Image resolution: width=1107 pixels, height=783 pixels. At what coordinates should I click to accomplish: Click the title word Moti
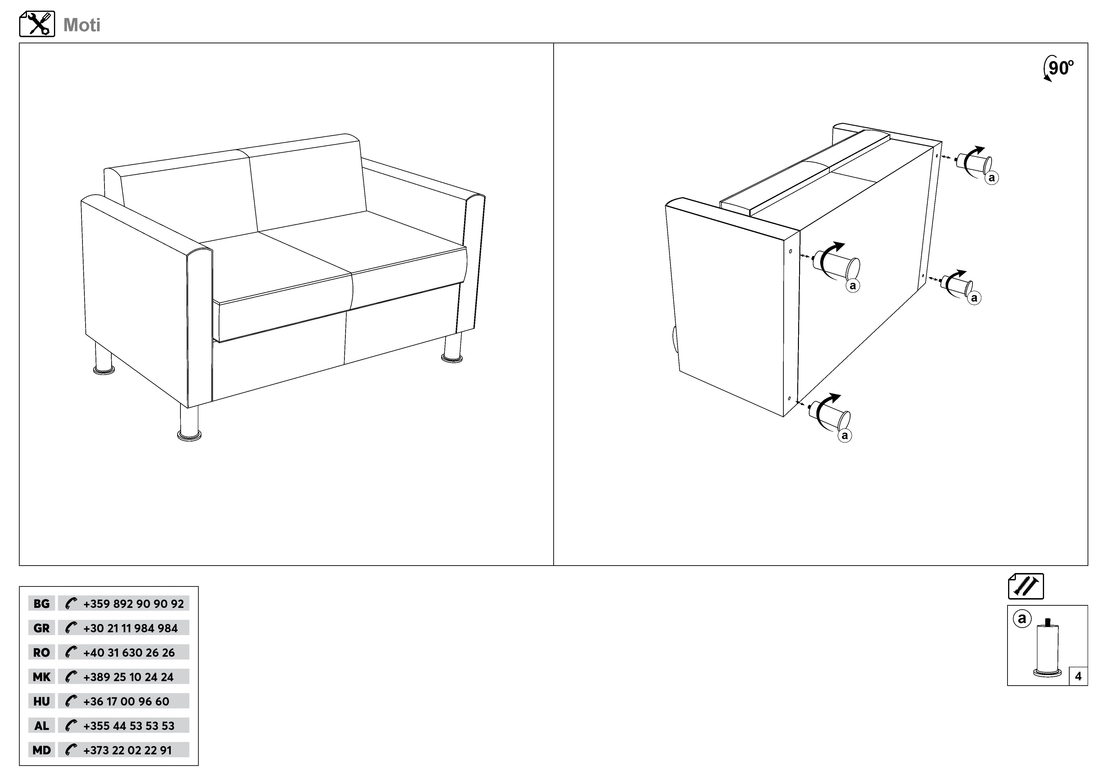pyautogui.click(x=82, y=25)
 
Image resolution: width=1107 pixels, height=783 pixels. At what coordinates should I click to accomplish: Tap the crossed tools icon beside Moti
pyautogui.click(x=37, y=24)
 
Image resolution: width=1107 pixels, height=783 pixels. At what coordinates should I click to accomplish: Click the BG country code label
pyautogui.click(x=41, y=604)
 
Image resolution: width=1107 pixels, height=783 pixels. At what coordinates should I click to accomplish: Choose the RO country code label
pyautogui.click(x=41, y=652)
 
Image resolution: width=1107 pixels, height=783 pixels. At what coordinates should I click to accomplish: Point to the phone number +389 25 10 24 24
pyautogui.click(x=128, y=677)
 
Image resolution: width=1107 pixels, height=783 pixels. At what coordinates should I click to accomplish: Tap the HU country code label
pyautogui.click(x=41, y=702)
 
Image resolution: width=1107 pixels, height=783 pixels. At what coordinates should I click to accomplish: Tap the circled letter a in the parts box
pyautogui.click(x=1022, y=618)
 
